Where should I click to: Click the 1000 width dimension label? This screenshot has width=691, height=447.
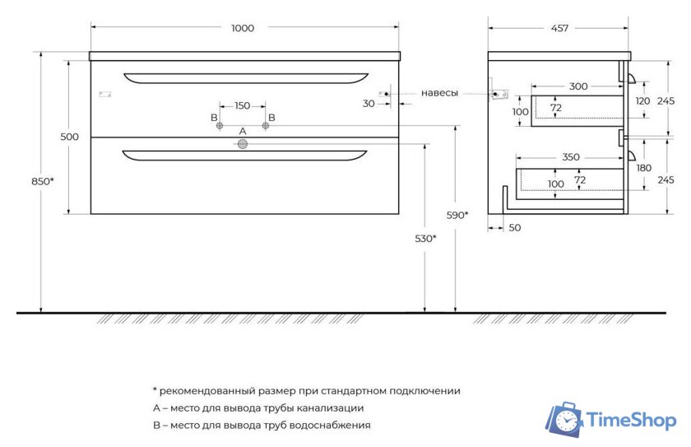(x=243, y=28)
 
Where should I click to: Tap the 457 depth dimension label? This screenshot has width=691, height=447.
(x=559, y=28)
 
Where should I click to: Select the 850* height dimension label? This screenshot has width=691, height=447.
(x=43, y=181)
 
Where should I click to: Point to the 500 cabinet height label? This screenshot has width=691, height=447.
(x=70, y=137)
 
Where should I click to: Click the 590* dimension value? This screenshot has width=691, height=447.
(x=457, y=215)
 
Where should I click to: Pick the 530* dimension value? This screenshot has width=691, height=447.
(x=424, y=239)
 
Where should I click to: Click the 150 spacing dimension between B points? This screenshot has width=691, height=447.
(x=243, y=105)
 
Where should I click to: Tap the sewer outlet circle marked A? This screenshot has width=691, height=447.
(x=243, y=145)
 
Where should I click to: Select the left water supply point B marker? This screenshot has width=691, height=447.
(x=220, y=126)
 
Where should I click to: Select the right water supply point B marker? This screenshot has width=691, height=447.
(x=266, y=126)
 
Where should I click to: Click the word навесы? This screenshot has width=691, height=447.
(x=439, y=93)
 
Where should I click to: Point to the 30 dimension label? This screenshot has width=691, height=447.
(x=369, y=104)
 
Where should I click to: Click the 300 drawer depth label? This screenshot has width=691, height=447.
(x=578, y=86)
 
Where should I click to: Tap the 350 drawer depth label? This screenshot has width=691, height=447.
(x=570, y=156)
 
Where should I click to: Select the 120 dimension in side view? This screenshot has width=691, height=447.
(x=642, y=100)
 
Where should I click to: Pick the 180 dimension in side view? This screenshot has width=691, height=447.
(x=643, y=168)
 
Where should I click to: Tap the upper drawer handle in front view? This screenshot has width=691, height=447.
(x=245, y=78)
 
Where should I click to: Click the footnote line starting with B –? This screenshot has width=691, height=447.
(x=262, y=426)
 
